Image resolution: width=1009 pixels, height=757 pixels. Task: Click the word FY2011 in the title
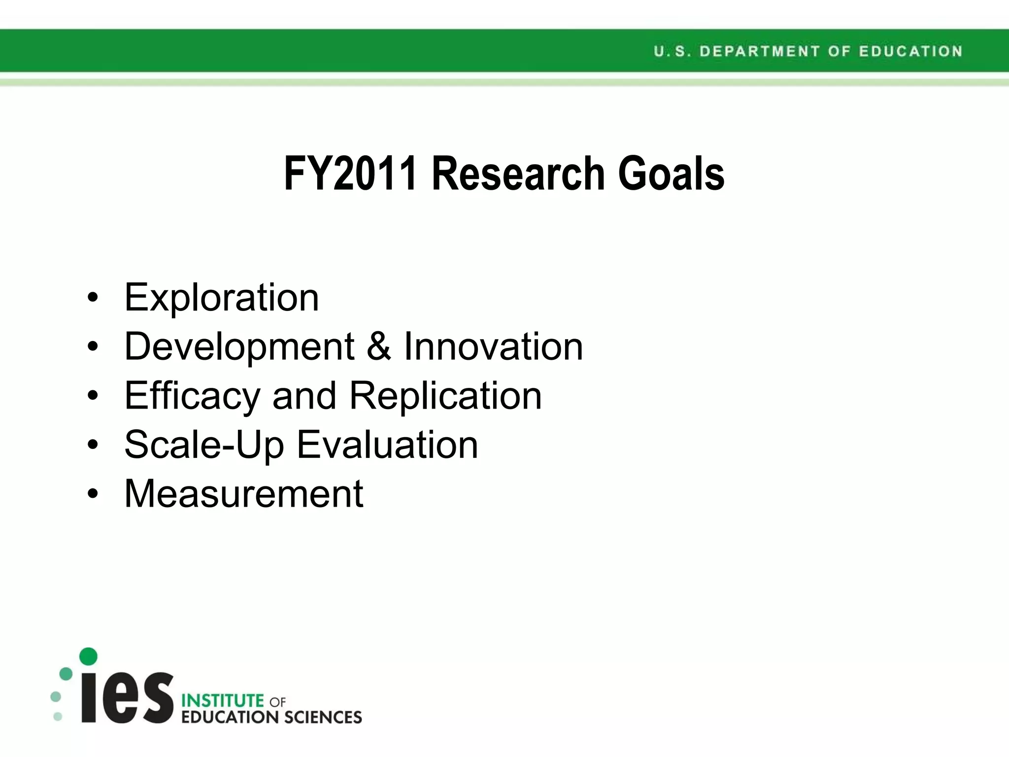(350, 173)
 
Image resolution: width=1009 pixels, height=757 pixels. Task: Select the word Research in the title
(518, 173)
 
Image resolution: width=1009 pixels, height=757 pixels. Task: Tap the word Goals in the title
(671, 173)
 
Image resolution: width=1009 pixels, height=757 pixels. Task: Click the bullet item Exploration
(222, 298)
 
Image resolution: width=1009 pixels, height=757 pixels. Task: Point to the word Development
(239, 347)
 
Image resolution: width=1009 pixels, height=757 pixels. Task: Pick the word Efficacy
(192, 396)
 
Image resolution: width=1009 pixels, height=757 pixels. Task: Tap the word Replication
(445, 396)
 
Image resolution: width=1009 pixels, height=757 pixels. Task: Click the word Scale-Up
(204, 445)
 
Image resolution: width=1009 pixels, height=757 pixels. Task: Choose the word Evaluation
(387, 445)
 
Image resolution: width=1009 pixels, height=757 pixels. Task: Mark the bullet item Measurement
(244, 493)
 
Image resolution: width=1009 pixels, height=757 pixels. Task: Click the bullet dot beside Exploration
(93, 298)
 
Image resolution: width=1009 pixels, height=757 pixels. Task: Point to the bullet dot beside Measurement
(93, 494)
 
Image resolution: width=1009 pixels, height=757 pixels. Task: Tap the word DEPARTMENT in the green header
(759, 51)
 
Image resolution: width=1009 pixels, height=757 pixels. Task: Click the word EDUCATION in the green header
(910, 51)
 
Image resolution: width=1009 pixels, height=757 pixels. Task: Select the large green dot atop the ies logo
(88, 656)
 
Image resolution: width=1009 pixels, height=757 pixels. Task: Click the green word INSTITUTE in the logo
(223, 700)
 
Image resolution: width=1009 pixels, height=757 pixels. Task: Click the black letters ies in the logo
(127, 697)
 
